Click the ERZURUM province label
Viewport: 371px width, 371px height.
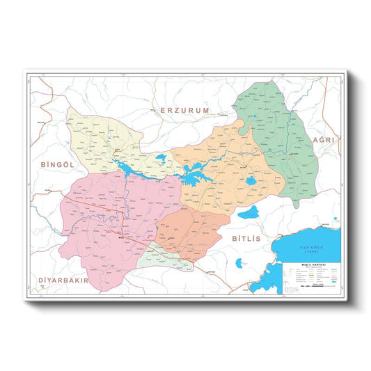[184, 110]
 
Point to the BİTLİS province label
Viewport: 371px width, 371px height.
[244, 238]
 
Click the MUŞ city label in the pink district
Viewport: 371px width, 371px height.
[119, 238]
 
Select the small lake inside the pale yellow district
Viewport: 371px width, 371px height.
[161, 158]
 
